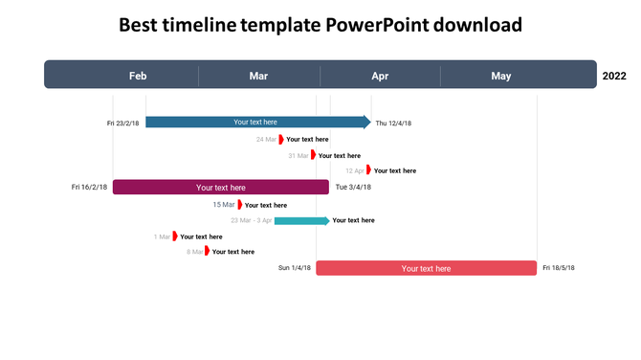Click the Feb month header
(138, 76)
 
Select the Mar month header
(258, 76)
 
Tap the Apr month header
(380, 76)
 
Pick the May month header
(501, 76)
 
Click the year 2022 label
(614, 76)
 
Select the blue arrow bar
(256, 122)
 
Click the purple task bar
(220, 188)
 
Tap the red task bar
(426, 268)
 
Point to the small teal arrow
(301, 220)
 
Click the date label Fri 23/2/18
(123, 123)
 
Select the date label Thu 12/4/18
(393, 123)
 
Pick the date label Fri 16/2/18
(89, 188)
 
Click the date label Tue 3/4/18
(353, 188)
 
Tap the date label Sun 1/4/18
(295, 268)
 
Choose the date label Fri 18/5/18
(559, 268)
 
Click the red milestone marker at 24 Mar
(281, 139)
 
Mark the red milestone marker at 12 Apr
(369, 170)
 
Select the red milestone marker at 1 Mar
(175, 236)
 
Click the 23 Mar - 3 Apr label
(252, 220)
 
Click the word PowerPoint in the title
(378, 25)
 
